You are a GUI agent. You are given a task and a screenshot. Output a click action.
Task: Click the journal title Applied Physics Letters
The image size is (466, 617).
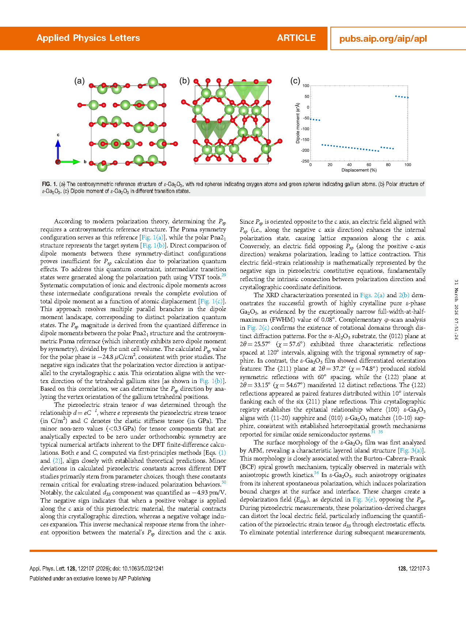tap(88, 38)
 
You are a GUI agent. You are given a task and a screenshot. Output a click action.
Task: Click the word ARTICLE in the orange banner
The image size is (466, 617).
tap(296, 38)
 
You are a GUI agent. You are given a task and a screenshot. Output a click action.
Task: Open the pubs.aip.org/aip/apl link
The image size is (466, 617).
tap(383, 39)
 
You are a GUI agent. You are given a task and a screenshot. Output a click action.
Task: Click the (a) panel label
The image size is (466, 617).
tap(79, 81)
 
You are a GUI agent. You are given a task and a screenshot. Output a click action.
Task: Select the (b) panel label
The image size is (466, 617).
tap(185, 81)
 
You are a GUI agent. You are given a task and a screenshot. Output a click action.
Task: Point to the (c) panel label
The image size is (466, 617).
tap(295, 81)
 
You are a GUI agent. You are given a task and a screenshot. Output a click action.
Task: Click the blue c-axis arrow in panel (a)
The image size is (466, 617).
tap(58, 149)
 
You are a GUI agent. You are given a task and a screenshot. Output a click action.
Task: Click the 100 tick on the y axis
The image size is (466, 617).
tap(306, 86)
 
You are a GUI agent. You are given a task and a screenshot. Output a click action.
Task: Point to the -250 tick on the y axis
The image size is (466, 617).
tap(305, 161)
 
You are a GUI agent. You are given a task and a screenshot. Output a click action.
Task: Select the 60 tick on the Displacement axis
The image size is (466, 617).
tap(369, 165)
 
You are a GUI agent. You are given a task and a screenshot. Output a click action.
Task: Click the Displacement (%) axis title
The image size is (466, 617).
tap(359, 170)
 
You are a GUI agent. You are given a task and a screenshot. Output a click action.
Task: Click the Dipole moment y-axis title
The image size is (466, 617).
tap(298, 123)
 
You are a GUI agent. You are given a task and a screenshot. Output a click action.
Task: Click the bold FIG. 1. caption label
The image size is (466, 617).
tap(49, 184)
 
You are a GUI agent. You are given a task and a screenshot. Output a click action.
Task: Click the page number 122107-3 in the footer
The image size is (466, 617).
tap(414, 569)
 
